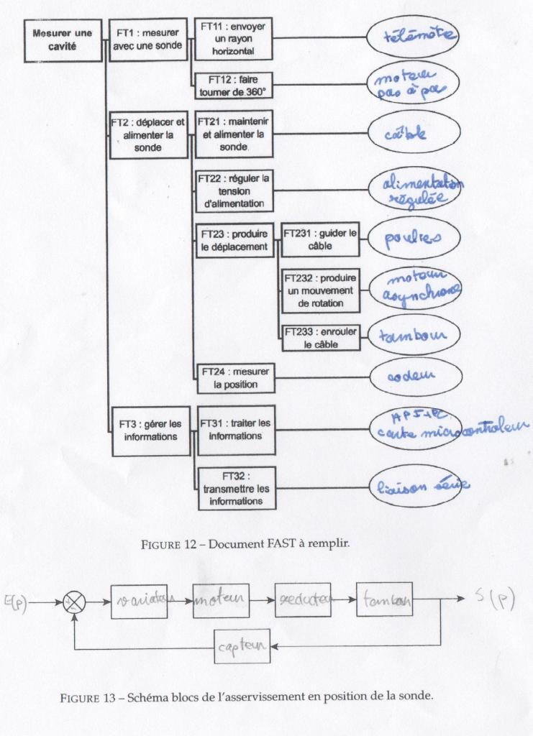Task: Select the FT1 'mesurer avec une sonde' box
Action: tap(150, 39)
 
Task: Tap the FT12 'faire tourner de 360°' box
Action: tap(233, 86)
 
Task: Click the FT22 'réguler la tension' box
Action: tap(234, 190)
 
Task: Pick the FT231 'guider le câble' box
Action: tap(319, 239)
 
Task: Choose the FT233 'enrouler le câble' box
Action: tap(320, 338)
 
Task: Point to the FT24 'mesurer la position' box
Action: tap(234, 378)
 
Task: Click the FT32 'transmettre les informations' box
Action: tap(237, 488)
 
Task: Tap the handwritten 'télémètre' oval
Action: tap(412, 35)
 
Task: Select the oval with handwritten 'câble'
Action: tap(412, 134)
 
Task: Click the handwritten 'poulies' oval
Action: tap(412, 239)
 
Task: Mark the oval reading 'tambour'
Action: tap(412, 336)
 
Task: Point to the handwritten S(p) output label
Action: tap(496, 599)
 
